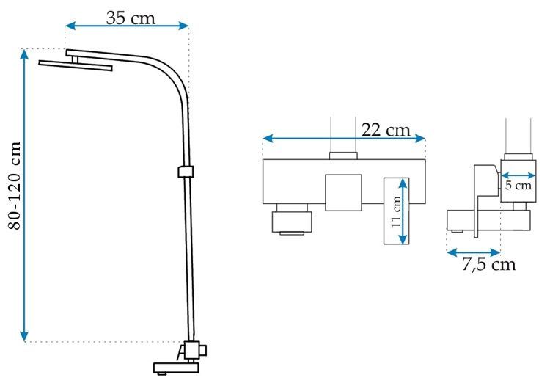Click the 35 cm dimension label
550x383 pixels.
point(131,18)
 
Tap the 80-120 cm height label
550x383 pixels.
point(15,186)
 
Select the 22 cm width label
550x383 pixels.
point(386,130)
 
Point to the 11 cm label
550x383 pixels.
point(396,212)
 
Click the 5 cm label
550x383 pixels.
point(518,185)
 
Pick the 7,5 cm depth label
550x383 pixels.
point(488,264)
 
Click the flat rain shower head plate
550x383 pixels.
point(76,65)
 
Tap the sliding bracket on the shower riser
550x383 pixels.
point(186,171)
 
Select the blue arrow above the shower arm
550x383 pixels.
point(127,26)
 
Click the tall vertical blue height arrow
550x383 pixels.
point(24,195)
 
